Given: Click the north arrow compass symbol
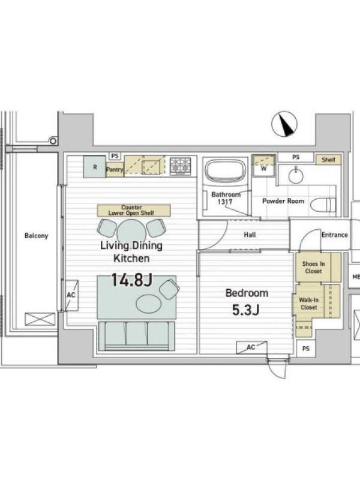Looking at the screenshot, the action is point(284,124).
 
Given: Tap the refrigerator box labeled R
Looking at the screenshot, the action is point(95,167).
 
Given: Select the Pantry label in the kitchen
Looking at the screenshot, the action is point(115,169).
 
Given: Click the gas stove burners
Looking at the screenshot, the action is point(181,166).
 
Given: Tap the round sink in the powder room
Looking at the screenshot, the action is point(296,175).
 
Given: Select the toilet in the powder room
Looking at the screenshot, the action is point(323,204).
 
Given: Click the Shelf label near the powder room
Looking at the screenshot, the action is point(328,160).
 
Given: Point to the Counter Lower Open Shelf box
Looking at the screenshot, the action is point(134,211).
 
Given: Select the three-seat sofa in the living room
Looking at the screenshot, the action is point(136,335).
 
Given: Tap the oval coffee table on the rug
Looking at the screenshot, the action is point(148,304).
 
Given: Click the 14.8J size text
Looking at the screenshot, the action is point(131,280).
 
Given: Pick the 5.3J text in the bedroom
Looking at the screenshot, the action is point(246,310).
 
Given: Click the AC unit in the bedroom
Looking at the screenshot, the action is point(251,347).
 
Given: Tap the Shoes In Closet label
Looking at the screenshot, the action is point(313,267).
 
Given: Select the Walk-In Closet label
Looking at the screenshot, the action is point(308,304).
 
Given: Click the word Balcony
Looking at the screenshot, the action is point(37,236).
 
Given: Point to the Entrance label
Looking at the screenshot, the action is point(335,235).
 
